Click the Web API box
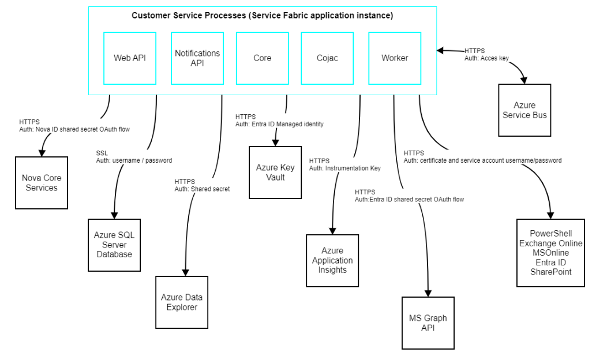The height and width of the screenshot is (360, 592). coord(130,58)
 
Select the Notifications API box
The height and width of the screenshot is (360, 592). coord(197,58)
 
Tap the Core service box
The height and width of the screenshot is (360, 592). coord(262,58)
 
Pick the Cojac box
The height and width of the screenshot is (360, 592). coord(327,58)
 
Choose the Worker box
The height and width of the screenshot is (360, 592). coord(395,58)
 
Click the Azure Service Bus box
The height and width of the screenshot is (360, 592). coord(524,110)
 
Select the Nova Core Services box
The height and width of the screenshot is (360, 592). coord(42,183)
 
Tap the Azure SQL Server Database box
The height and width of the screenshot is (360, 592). coord(114,245)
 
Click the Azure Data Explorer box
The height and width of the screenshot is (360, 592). coord(182,302)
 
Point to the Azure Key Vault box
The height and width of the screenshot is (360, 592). coord(275,172)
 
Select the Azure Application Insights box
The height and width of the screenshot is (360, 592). coord(332,260)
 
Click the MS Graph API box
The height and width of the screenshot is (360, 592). coord(428,323)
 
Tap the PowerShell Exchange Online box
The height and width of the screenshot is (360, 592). coord(550,253)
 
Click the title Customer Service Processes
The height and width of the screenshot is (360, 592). coord(262,16)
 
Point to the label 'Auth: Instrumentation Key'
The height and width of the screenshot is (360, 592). coord(344,168)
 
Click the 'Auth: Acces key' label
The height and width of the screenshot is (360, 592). coord(486,58)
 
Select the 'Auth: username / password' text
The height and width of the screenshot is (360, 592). coord(134,160)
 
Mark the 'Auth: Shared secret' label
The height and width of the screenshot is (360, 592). coord(202,189)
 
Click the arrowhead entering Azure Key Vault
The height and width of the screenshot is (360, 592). coord(275,142)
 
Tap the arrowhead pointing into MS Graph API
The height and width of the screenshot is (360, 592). coord(428,292)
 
